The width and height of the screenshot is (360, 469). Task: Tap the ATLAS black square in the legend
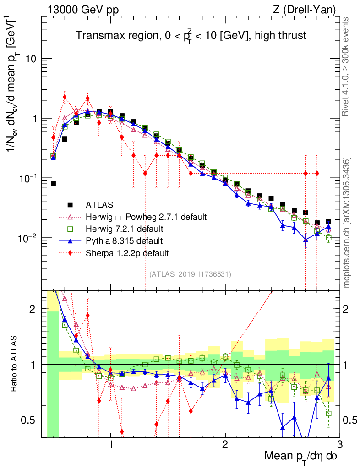click(x=71, y=205)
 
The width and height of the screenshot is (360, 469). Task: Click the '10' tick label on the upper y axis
click(x=30, y=59)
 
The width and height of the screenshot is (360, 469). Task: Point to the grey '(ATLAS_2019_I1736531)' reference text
click(x=190, y=274)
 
